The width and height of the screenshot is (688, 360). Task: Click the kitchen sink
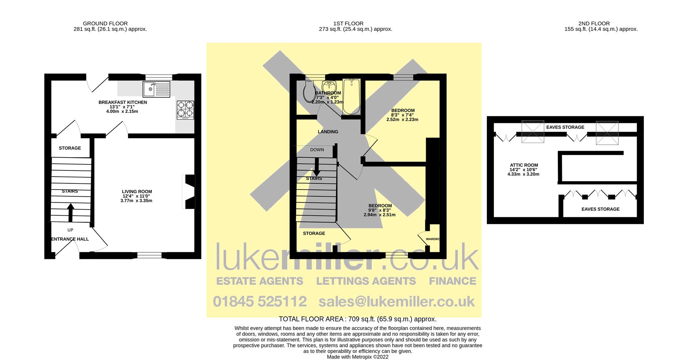156,89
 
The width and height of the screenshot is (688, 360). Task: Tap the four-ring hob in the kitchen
186,110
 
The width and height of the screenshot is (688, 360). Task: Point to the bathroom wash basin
329,86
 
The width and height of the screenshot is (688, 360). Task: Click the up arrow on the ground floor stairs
71,212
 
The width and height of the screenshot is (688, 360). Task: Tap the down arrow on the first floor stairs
317,167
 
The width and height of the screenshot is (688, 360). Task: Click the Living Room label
137,192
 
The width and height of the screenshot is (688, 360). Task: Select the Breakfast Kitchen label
123,102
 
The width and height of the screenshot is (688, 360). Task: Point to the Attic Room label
524,165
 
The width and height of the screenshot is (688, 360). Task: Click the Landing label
328,132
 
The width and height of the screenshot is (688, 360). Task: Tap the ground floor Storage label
70,148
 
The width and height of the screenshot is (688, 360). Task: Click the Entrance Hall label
70,239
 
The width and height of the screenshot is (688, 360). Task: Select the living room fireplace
189,191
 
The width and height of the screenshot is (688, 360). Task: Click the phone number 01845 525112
260,301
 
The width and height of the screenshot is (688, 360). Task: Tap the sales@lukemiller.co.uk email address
397,301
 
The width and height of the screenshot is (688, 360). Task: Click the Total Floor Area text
357,319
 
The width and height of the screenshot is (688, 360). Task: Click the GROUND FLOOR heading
105,24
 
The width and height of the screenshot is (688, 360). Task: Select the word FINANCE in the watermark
453,281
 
